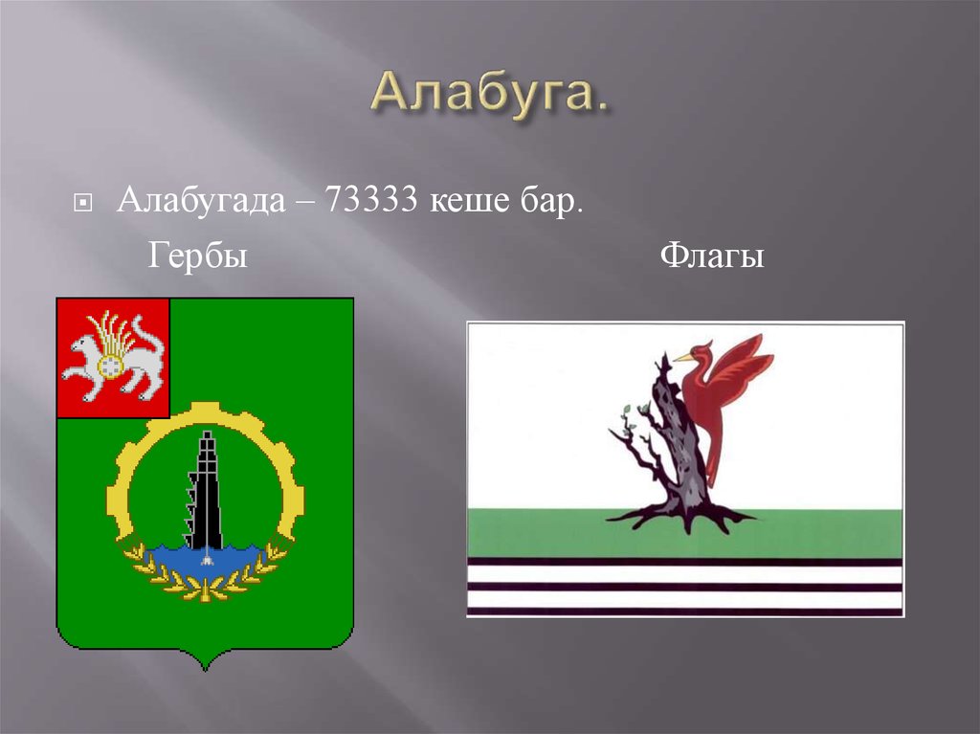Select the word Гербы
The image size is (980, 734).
[x=198, y=256]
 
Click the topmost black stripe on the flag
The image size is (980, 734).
[x=684, y=562]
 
